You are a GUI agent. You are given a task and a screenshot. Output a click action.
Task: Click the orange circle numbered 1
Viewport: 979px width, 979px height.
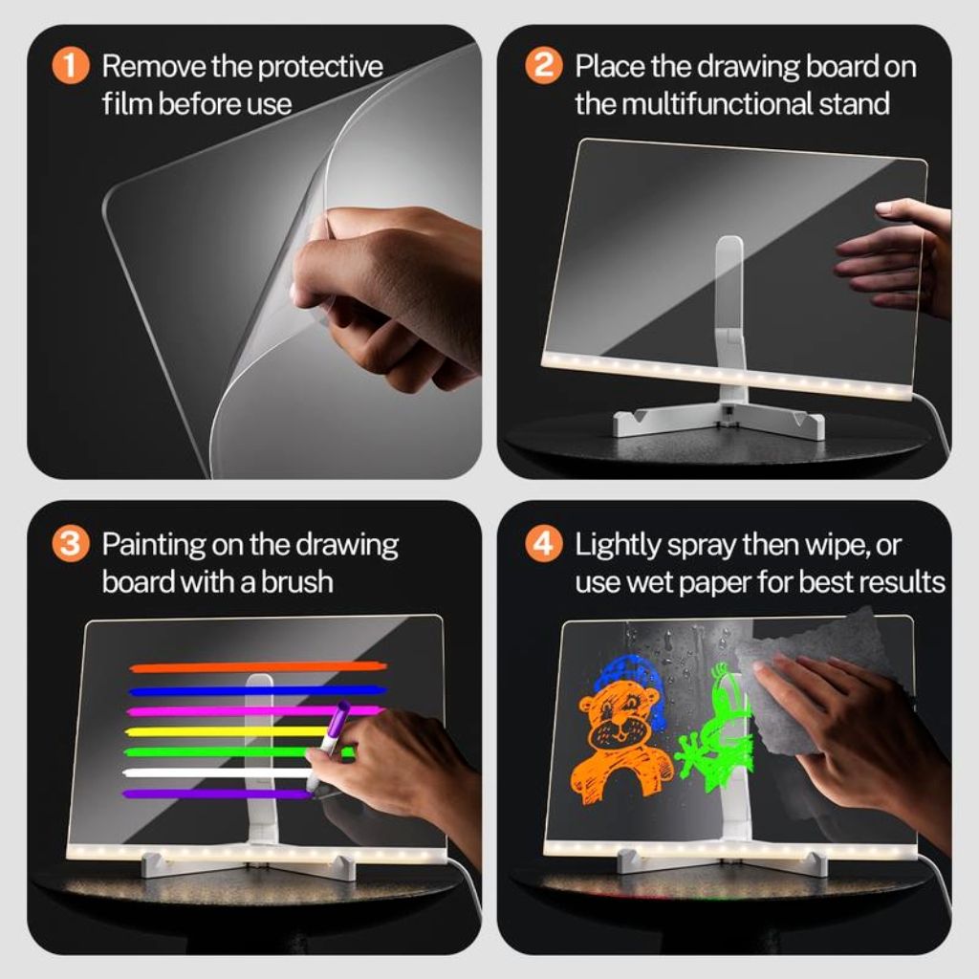click(70, 66)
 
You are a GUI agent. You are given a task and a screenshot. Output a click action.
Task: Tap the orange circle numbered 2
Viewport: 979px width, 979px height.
click(543, 66)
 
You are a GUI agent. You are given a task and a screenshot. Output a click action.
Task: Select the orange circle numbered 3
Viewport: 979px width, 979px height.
click(70, 544)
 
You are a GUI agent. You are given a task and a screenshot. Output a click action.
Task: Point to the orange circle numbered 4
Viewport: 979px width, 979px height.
click(543, 544)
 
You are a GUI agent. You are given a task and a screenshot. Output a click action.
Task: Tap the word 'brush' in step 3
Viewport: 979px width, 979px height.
click(297, 581)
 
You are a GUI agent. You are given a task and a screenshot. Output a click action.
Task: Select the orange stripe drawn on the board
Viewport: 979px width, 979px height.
click(258, 667)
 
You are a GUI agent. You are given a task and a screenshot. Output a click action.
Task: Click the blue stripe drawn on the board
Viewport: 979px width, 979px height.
click(258, 690)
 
